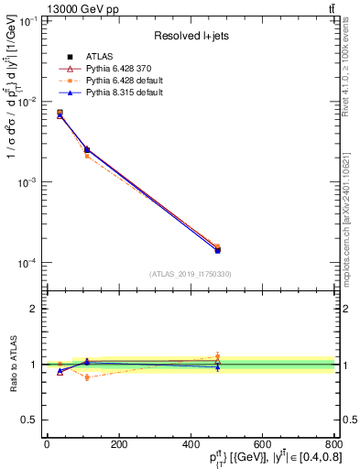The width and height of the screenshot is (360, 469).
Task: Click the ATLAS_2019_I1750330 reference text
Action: [x=190, y=273]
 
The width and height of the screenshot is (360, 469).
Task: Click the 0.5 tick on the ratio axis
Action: [x=28, y=420]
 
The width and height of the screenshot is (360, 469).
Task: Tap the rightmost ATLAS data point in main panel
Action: [x=217, y=250]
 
